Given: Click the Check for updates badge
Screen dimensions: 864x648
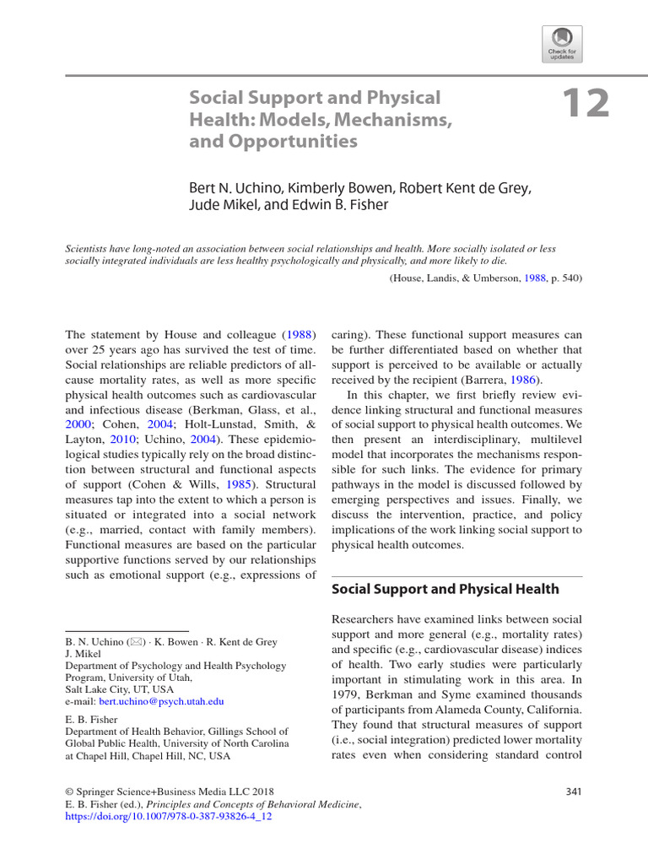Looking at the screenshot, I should click(x=563, y=41).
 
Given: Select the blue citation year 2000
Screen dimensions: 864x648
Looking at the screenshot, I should click(x=78, y=424).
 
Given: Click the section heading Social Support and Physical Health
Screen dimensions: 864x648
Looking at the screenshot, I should click(x=445, y=589).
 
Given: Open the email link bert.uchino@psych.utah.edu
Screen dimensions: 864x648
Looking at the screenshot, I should click(x=161, y=701).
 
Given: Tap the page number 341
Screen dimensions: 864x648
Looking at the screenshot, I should click(x=572, y=791).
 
